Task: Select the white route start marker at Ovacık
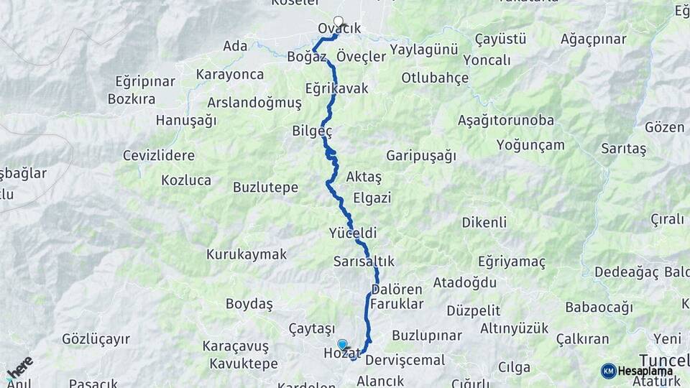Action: pyautogui.click(x=339, y=22)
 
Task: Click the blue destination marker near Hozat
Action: pyautogui.click(x=342, y=345)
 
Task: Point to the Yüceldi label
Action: pyautogui.click(x=352, y=234)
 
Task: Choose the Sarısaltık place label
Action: pyautogui.click(x=364, y=262)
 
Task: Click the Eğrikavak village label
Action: pyautogui.click(x=336, y=89)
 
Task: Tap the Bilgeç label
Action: pyautogui.click(x=312, y=131)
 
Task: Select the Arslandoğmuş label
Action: pyautogui.click(x=254, y=103)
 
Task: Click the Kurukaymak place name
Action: pyautogui.click(x=247, y=254)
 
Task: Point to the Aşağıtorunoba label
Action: pyautogui.click(x=506, y=120)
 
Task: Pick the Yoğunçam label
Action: pyautogui.click(x=530, y=145)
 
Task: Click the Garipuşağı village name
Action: pyautogui.click(x=421, y=155)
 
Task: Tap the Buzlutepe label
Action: pyautogui.click(x=265, y=188)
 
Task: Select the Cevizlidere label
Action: pyautogui.click(x=159, y=155)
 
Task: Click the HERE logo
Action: pyautogui.click(x=19, y=367)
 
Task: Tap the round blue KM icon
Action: pyautogui.click(x=608, y=371)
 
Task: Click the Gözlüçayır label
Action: pyautogui.click(x=96, y=338)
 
